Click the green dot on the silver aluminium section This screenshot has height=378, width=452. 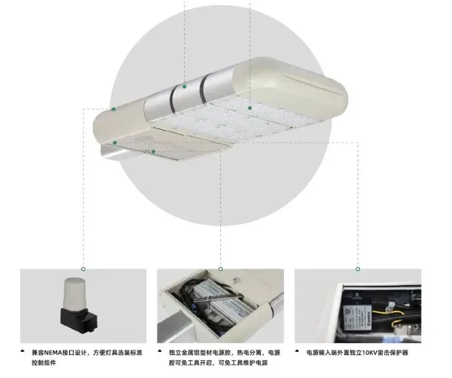click(x=184, y=86)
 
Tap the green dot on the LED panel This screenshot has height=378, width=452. click(x=250, y=108)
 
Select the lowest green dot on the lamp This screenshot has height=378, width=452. click(x=154, y=152)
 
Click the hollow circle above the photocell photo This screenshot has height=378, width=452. click(x=83, y=269)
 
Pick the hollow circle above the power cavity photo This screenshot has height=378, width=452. click(x=221, y=269)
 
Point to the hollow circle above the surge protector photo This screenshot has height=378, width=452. click(x=358, y=269)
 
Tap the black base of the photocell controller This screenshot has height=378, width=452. click(x=79, y=320)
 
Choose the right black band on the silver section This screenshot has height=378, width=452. click(x=204, y=89)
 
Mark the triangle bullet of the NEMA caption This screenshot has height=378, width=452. click(x=22, y=351)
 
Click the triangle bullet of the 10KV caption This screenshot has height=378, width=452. click(x=297, y=351)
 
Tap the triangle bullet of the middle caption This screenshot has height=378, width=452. click(x=160, y=351)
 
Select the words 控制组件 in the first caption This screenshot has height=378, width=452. click(x=44, y=362)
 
